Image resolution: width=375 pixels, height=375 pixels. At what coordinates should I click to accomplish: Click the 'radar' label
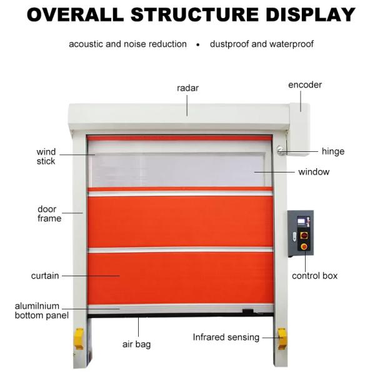[187, 88]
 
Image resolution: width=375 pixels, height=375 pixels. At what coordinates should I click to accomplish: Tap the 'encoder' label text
[305, 85]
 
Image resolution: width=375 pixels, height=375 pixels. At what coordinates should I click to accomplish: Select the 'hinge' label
[333, 151]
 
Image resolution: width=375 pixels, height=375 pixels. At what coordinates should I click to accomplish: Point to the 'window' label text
[314, 172]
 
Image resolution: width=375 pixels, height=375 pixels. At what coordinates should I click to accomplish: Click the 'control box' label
[314, 276]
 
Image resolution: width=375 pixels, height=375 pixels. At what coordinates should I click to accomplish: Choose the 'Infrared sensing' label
[226, 337]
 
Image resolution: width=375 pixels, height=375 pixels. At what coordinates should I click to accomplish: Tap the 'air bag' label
[136, 344]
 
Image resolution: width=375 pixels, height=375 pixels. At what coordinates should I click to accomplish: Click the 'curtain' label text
[45, 276]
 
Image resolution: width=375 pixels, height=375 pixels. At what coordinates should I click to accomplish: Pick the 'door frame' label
[49, 214]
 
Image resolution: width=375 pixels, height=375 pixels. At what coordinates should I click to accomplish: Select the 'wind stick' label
[46, 156]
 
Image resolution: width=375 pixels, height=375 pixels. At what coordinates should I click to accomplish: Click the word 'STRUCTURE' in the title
[194, 14]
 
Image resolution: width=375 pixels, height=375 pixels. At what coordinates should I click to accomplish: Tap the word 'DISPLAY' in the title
[311, 14]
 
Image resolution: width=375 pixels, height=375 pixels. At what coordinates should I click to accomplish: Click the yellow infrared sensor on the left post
[79, 339]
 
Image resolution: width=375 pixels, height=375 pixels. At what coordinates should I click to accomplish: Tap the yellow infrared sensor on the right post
[282, 339]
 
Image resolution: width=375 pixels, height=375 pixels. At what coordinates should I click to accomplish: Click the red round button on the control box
[304, 246]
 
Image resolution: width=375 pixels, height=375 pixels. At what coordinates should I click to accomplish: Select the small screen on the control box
[301, 220]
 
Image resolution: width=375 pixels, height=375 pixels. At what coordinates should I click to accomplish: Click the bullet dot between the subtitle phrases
[197, 44]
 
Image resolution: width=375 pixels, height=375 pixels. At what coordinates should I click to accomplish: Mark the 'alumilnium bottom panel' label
[42, 311]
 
